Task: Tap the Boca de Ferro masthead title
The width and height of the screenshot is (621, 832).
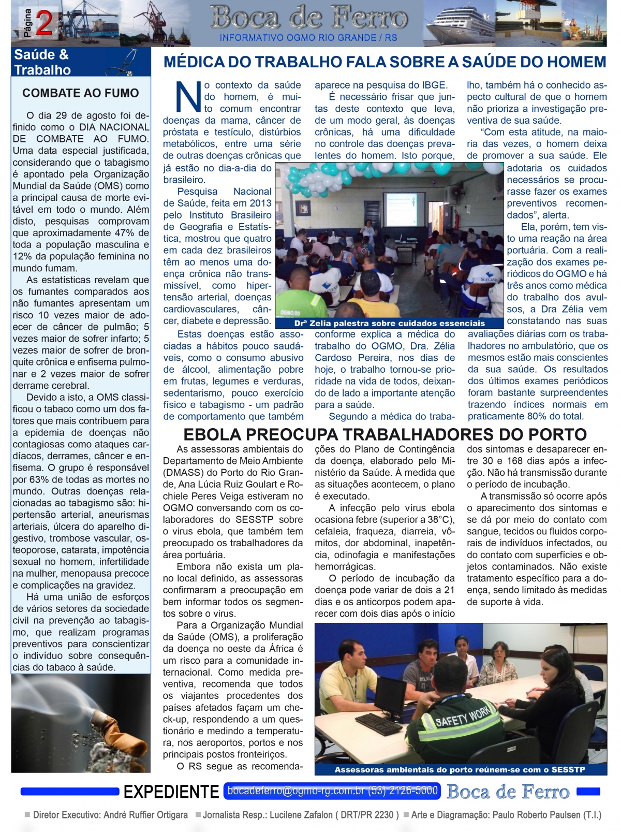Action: pyautogui.click(x=308, y=18)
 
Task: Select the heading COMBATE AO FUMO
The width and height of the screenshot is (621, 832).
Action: pyautogui.click(x=81, y=93)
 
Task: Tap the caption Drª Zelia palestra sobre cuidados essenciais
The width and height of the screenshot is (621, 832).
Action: pyautogui.click(x=389, y=323)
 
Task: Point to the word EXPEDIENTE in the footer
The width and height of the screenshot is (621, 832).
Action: pyautogui.click(x=171, y=792)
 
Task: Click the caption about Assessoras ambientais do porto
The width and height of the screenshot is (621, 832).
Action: pyautogui.click(x=460, y=769)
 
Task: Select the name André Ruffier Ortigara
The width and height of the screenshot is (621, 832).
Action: pyautogui.click(x=146, y=815)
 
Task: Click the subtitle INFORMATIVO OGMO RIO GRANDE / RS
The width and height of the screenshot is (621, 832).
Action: pyautogui.click(x=308, y=38)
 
